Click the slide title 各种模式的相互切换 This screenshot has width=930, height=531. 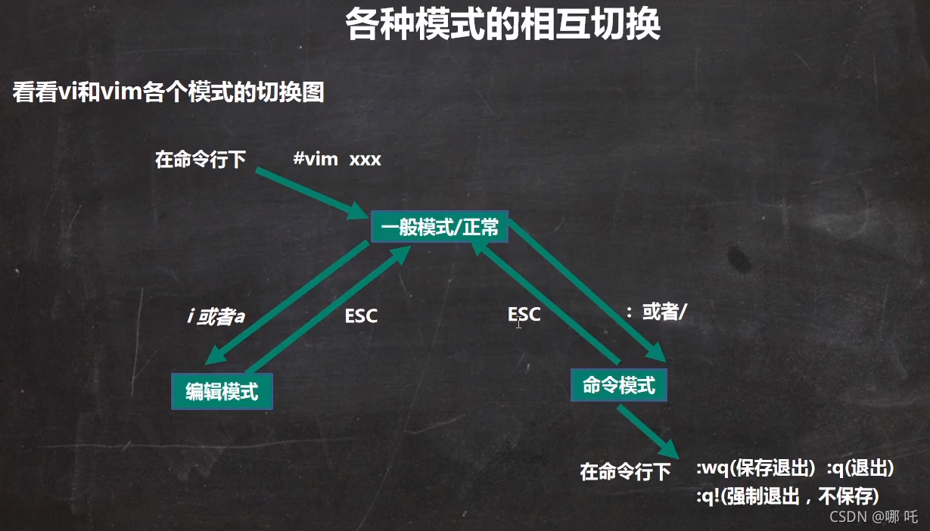[502, 25]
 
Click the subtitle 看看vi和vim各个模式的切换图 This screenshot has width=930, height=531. [168, 93]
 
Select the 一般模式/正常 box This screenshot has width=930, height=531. [439, 227]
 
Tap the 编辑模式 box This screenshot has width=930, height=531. [222, 391]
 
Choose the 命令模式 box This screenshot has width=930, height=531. [619, 385]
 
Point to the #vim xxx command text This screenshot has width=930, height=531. [337, 160]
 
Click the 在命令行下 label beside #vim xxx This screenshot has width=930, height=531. [201, 160]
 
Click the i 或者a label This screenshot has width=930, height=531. [216, 315]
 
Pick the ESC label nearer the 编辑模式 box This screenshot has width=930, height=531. [361, 316]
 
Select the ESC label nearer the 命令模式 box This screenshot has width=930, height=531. [524, 315]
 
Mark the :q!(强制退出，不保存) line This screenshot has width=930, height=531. [787, 496]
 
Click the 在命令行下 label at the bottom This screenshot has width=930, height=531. [625, 472]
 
